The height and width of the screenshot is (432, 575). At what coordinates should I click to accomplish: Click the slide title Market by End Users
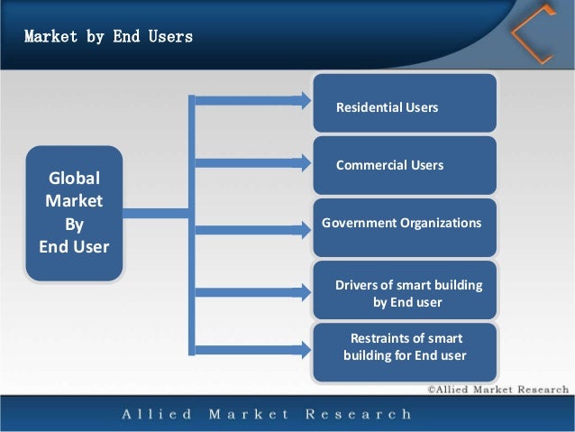[x=108, y=38]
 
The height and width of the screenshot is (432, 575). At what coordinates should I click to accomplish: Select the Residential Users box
[x=405, y=104]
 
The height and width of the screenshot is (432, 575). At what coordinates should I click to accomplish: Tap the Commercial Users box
[x=405, y=165]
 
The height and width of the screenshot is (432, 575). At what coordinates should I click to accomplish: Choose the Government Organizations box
[x=405, y=224]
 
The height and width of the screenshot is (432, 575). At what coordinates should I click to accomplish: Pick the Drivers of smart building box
[x=405, y=291]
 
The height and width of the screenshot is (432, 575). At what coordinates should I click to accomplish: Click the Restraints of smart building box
[x=405, y=348]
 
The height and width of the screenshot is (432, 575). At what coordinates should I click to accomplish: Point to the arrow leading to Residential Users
[x=252, y=99]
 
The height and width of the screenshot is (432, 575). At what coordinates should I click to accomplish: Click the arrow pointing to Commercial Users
[x=252, y=163]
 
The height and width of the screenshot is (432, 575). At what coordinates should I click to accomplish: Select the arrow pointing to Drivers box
[x=252, y=291]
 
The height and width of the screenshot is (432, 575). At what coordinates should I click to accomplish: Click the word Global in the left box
[x=74, y=178]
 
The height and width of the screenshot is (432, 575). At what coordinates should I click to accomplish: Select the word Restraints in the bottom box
[x=380, y=338]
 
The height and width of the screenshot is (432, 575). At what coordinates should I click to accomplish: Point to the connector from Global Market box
[x=155, y=213]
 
